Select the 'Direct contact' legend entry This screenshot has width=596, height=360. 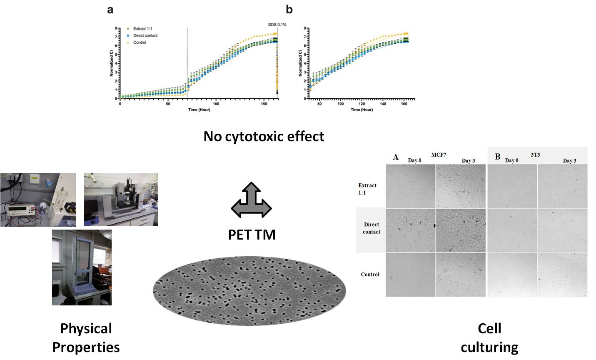click(x=145, y=35)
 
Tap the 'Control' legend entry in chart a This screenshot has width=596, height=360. click(x=140, y=42)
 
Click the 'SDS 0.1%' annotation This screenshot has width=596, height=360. click(x=277, y=25)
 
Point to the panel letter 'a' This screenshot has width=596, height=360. click(x=110, y=10)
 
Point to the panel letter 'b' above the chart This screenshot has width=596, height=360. click(x=289, y=10)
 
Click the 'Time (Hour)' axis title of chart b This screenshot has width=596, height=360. click(x=362, y=110)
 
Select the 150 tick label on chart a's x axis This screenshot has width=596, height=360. click(x=264, y=104)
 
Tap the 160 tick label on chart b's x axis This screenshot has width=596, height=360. click(x=404, y=104)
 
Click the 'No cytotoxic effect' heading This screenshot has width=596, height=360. click(x=264, y=136)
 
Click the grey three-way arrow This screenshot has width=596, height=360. click(x=251, y=200)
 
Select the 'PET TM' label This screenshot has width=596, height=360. click(x=252, y=235)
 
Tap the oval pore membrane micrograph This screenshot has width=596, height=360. click(x=249, y=290)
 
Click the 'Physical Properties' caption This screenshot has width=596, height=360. click(x=86, y=337)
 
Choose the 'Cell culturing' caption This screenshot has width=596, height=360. click(x=489, y=337)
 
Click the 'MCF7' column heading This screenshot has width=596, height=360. click(x=439, y=155)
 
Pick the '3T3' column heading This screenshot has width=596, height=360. click(x=535, y=155)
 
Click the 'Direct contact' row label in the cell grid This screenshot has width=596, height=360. click(x=371, y=228)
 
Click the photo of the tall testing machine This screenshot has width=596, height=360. click(x=82, y=267)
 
